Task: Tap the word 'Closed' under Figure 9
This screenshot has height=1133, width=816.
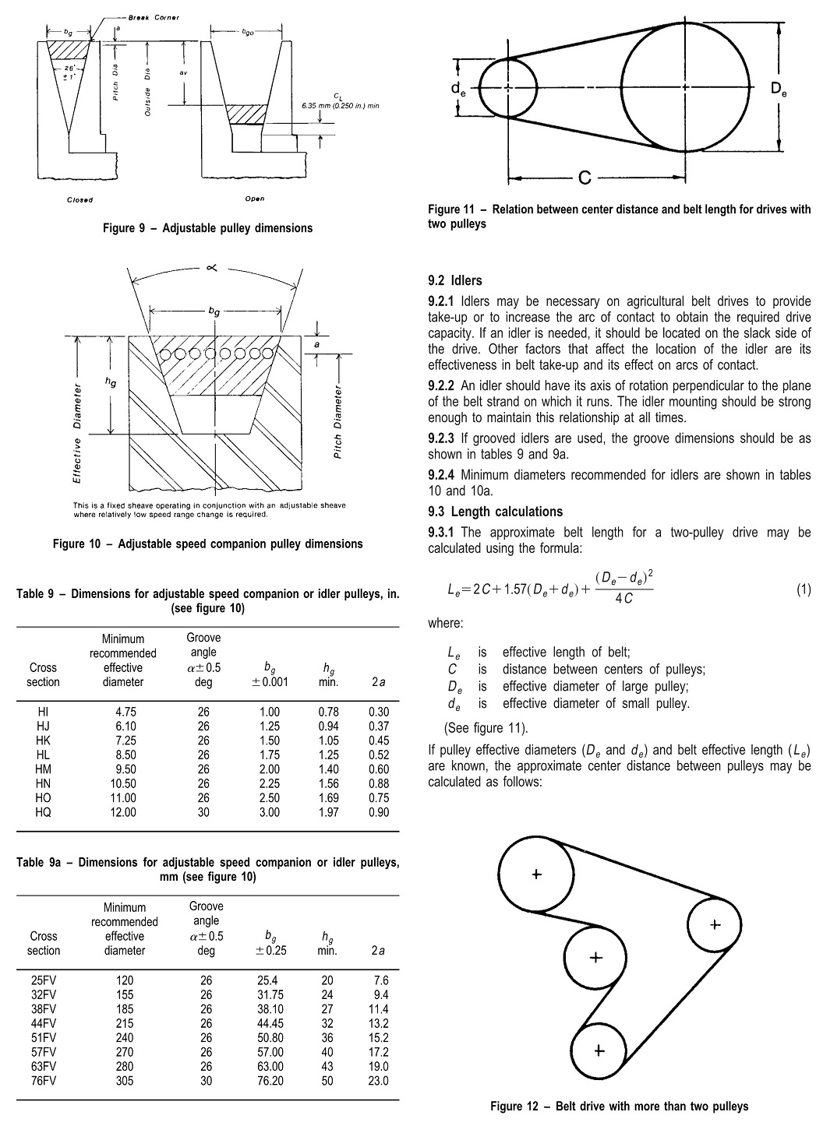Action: [x=79, y=200]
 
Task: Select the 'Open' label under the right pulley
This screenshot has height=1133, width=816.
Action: [x=254, y=199]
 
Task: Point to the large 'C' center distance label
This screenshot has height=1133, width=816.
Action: [x=585, y=178]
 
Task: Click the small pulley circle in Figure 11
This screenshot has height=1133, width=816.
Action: [x=508, y=88]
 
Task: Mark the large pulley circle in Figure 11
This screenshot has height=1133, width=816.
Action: [x=685, y=86]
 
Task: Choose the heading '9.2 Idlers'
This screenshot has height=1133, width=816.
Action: [x=455, y=280]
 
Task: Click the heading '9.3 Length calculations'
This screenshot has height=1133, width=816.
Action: [x=495, y=512]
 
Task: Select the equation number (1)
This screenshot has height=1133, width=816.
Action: [x=803, y=589]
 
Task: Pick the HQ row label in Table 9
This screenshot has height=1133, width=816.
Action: [x=44, y=812]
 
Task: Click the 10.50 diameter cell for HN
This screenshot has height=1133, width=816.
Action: [x=123, y=783]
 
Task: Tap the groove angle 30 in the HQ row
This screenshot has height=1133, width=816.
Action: [x=203, y=812]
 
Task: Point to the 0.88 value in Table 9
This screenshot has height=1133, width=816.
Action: [x=379, y=783]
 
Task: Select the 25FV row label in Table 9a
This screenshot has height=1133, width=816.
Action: [x=44, y=980]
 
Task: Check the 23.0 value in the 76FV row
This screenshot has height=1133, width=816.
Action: [x=379, y=1080]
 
